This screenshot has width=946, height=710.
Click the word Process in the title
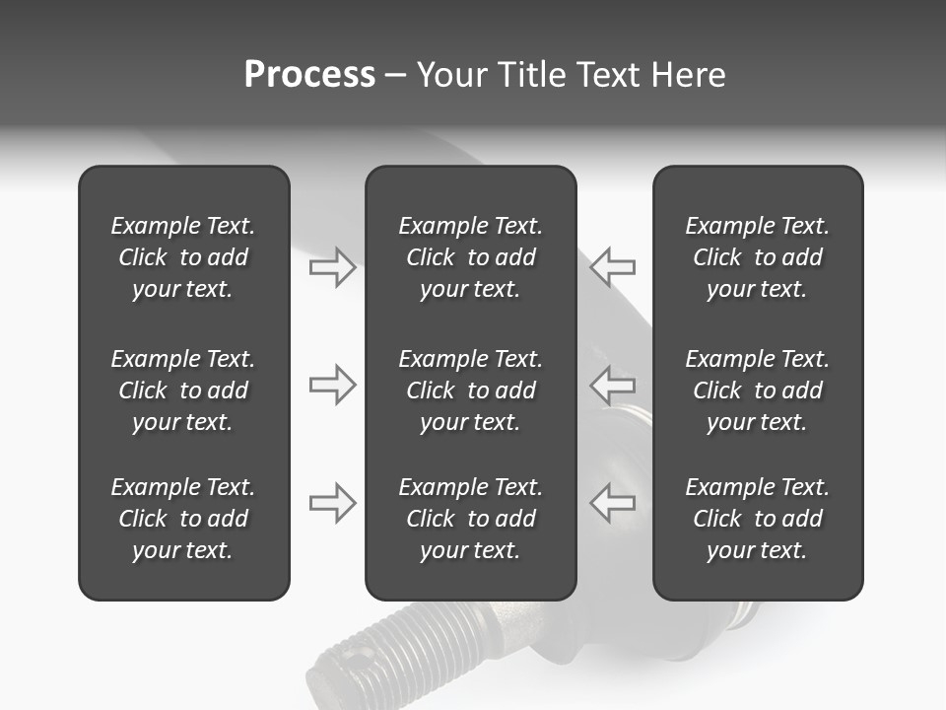pyautogui.click(x=309, y=75)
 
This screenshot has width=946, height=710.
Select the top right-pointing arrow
pyautogui.click(x=332, y=267)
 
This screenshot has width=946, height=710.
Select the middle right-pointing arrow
pyautogui.click(x=332, y=385)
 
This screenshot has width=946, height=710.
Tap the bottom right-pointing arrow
pyautogui.click(x=332, y=503)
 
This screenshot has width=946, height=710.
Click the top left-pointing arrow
pyautogui.click(x=613, y=267)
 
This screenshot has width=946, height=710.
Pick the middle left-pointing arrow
pyautogui.click(x=613, y=385)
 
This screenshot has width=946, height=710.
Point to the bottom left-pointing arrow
pyautogui.click(x=613, y=503)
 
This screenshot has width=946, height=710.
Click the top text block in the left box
pyautogui.click(x=183, y=257)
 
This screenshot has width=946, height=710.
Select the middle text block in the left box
pyautogui.click(x=183, y=390)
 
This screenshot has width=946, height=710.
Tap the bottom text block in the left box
pyautogui.click(x=183, y=519)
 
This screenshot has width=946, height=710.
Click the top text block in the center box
pyautogui.click(x=470, y=257)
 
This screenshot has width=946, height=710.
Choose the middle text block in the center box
pyautogui.click(x=470, y=390)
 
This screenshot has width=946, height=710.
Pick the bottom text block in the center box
pyautogui.click(x=470, y=519)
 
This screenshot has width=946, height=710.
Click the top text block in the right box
pyautogui.click(x=757, y=257)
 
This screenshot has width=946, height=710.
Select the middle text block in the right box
pyautogui.click(x=757, y=390)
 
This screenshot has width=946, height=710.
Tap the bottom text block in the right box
pyautogui.click(x=757, y=519)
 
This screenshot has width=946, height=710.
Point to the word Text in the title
pyautogui.click(x=609, y=75)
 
